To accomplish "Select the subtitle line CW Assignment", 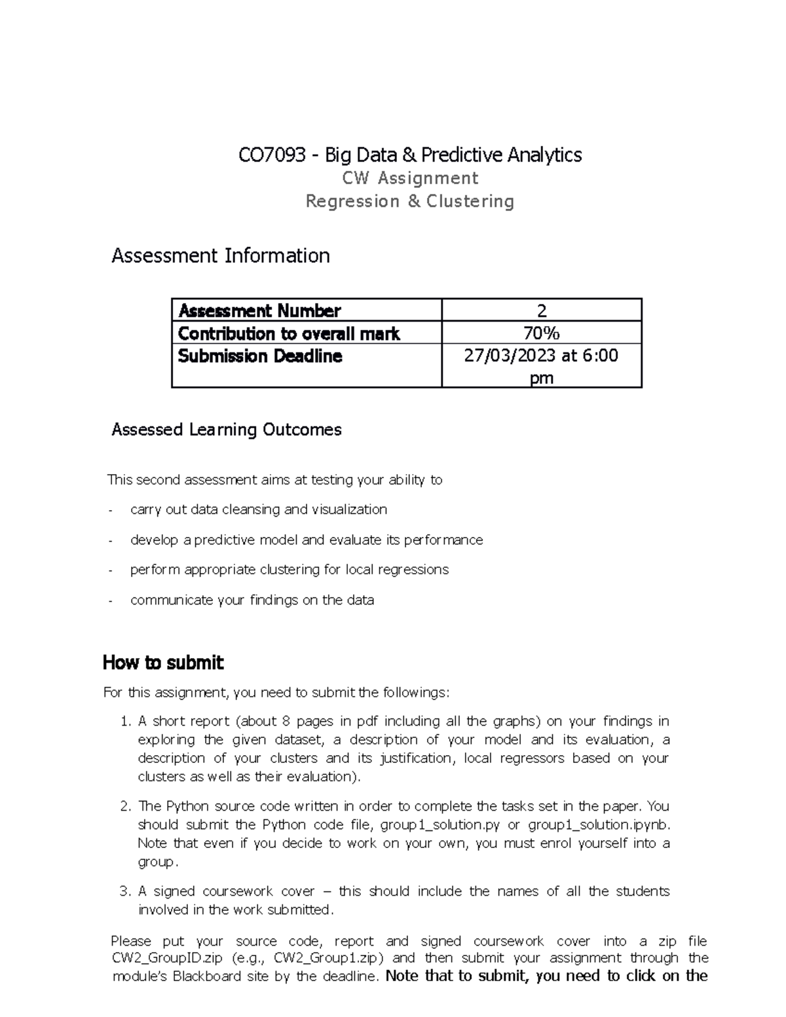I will tap(410, 178).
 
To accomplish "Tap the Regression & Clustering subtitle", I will tap(410, 201).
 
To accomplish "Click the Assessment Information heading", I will tap(221, 255).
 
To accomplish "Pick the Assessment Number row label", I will tap(259, 310).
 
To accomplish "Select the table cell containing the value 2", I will tap(542, 311).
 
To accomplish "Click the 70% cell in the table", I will tap(542, 334).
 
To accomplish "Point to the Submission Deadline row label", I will tap(260, 356).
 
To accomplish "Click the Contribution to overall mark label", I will tap(289, 334).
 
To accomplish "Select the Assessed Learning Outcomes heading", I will tap(227, 430).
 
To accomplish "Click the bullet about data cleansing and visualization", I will tap(259, 509).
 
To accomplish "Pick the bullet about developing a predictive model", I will tap(307, 540).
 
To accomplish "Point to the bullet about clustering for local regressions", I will tap(290, 570).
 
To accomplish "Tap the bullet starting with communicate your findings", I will tap(252, 600).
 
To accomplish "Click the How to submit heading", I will tap(163, 663).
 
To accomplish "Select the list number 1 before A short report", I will tap(126, 722).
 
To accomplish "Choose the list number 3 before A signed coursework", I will tap(126, 891).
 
